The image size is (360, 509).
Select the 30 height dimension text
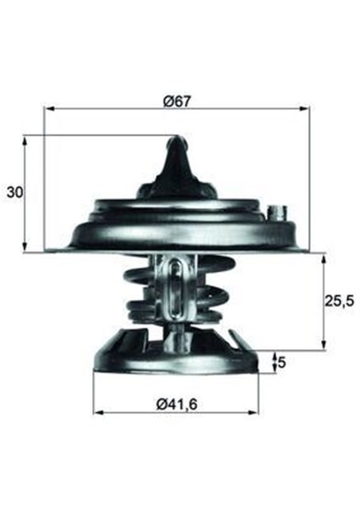tap(14, 192)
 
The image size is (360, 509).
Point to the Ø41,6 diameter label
tap(176, 404)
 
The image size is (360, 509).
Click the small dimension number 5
tap(281, 363)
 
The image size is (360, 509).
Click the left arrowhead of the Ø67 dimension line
tap(49, 108)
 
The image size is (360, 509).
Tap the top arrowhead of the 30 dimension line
tap(26, 140)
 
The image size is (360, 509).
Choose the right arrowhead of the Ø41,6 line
tap(255, 414)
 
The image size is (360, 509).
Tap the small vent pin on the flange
tap(277, 213)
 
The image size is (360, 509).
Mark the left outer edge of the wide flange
tap(49, 249)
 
